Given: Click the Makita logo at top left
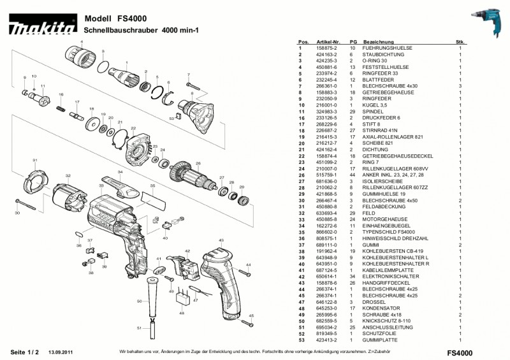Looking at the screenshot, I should point(42,27).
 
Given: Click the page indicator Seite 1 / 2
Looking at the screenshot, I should point(25,352).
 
